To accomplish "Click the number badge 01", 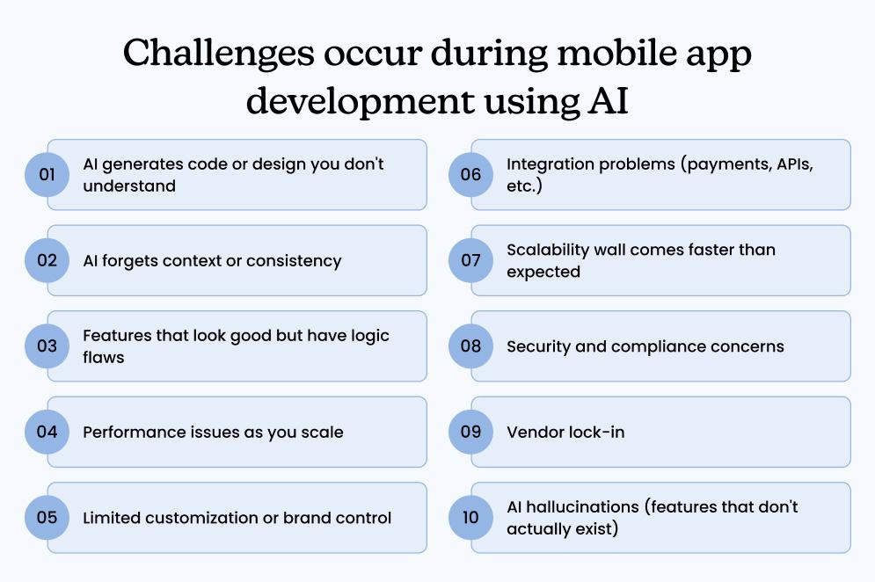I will pos(47,174).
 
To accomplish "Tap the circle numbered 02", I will pos(47,260).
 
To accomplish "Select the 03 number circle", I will pos(47,346).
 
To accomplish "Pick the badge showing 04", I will pos(47,432).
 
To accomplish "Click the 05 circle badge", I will pos(47,517).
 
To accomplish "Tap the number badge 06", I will pos(470,174).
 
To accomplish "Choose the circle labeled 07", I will pos(470,260).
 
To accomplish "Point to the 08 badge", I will pos(470,346).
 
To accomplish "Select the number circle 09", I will pos(470,432).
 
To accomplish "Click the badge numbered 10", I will pos(470,517).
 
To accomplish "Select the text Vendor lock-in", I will pos(565,432).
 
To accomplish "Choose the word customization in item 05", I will pos(203,517).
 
